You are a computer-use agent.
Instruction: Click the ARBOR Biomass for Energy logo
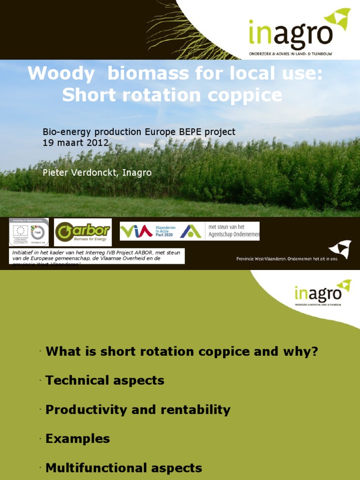click(82, 232)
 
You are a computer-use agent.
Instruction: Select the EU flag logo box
click(29, 232)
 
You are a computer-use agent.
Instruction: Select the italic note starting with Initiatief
click(97, 256)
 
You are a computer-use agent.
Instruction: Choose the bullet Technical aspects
click(105, 380)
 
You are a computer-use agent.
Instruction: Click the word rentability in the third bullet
click(195, 410)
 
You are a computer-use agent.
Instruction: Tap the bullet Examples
click(78, 439)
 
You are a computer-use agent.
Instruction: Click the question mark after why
click(314, 351)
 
